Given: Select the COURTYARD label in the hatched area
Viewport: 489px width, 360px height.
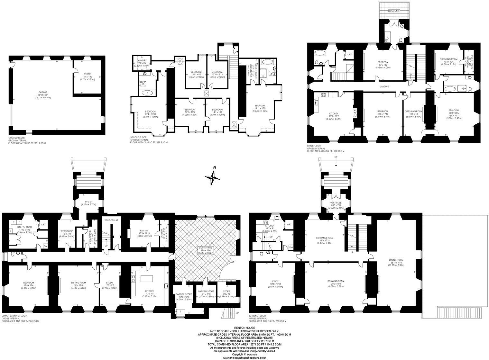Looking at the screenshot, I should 205,248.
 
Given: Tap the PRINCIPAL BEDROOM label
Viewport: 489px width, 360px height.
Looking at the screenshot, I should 454,112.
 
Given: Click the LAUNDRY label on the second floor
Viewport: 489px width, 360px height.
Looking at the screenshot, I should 142,60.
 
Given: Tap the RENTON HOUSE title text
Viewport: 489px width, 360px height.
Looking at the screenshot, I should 244,328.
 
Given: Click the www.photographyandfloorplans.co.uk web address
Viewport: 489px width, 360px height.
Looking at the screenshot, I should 244,357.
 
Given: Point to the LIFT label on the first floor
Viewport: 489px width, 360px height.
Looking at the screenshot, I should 349,55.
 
